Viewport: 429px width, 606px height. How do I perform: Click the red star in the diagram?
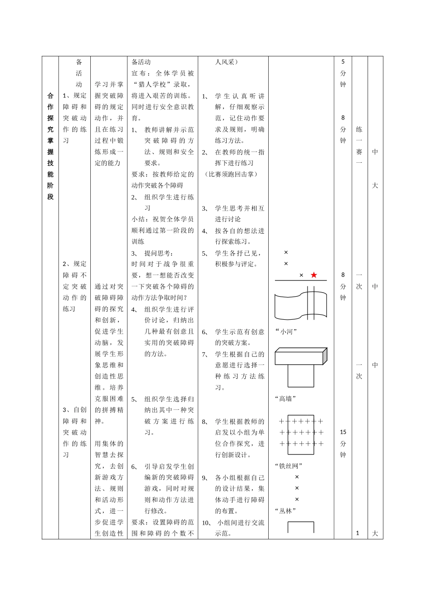point(314,275)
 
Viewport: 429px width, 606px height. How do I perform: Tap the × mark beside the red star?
point(302,275)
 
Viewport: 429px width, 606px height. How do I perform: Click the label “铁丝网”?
point(289,466)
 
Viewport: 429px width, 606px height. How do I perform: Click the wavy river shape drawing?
point(300,304)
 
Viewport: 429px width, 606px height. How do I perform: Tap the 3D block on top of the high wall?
point(301,356)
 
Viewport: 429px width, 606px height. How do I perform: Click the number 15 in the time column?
point(343,432)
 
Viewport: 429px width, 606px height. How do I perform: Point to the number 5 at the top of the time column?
point(343,62)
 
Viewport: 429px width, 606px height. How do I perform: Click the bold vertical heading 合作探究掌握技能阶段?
point(50,146)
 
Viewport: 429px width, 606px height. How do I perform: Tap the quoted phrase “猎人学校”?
point(156,84)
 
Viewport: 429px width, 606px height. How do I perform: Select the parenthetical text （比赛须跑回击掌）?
point(231,174)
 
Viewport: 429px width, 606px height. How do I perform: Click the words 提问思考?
point(159,253)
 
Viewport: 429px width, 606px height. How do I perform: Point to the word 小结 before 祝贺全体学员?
point(138,219)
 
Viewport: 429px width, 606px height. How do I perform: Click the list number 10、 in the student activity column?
point(207,523)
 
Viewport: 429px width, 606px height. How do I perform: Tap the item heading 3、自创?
point(75,410)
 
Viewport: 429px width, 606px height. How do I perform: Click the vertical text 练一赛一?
point(359,146)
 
